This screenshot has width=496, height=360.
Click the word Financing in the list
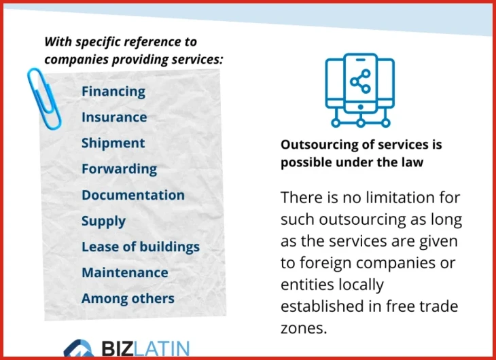click(x=113, y=92)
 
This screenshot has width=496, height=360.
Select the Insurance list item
click(x=114, y=117)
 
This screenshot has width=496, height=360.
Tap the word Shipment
click(x=113, y=143)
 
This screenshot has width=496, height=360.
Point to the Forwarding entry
click(x=120, y=169)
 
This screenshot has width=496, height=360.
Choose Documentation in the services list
click(x=133, y=195)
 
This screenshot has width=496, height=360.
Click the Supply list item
click(x=103, y=221)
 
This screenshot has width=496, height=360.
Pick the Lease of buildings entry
click(x=141, y=247)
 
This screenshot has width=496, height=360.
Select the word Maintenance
click(x=125, y=272)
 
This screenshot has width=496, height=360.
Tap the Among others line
click(x=128, y=298)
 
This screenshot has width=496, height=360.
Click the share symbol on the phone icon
click(x=360, y=82)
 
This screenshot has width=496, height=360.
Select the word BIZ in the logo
click(x=118, y=348)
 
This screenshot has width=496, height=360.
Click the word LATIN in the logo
click(x=161, y=348)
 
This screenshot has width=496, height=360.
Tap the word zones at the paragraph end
click(x=304, y=328)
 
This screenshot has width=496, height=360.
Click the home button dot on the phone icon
click(x=360, y=107)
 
